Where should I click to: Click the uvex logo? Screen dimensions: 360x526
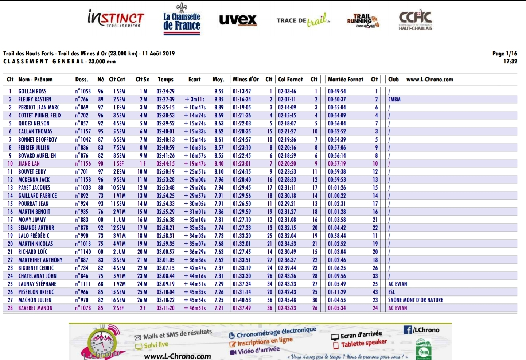pos(238,20)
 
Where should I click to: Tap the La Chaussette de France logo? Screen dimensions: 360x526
pos(182,20)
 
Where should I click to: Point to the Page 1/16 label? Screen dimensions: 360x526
pos(504,54)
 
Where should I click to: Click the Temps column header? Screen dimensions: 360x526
pos(165,80)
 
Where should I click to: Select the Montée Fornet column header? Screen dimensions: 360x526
pos(345,80)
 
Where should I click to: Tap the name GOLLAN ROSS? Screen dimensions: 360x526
pos(32,91)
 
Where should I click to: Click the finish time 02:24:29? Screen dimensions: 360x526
pos(165,91)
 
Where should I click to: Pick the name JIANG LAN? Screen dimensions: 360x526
pos(29,163)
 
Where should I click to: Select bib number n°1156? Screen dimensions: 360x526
pos(83,163)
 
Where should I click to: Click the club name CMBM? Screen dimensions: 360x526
pos(394,99)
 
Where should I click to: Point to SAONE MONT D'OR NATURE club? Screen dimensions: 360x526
pos(416,300)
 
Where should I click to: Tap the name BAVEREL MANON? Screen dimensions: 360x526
pos(35,308)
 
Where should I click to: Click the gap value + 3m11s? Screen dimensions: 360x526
pos(195,99)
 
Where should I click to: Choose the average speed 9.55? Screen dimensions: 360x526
pos(219,91)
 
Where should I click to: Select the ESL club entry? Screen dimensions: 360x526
pos(391,292)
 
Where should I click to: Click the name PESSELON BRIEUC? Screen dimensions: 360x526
pos(36,292)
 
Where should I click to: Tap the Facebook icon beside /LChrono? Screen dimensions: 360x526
pos(408,330)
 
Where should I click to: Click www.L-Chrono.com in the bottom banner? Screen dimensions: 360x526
pos(178,356)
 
